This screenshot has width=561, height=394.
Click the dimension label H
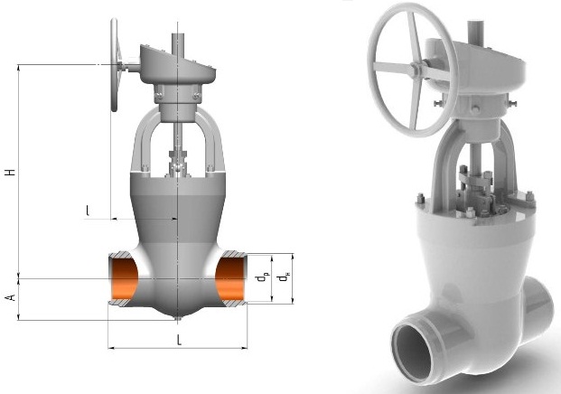pos(11,172)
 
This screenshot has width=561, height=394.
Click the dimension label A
pos(11,297)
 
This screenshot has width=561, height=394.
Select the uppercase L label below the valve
pos(179,341)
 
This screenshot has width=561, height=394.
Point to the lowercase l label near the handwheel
pos(88,211)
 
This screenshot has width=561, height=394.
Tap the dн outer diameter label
pos(285,277)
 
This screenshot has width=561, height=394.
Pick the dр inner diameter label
pos(262,277)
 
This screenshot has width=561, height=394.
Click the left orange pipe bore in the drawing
pos(124,278)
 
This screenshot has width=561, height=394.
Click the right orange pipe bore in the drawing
pos(230,279)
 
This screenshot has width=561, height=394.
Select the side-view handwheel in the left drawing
pos(114,65)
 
